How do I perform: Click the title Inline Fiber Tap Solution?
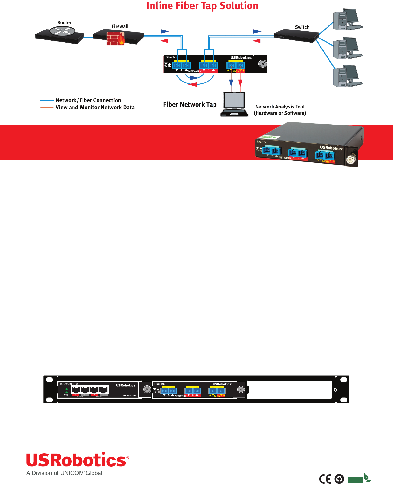202,6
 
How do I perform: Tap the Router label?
64,23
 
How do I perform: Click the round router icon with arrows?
63,31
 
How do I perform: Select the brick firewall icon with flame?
115,39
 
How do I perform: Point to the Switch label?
302,27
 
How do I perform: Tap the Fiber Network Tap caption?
190,105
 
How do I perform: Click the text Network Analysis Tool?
280,107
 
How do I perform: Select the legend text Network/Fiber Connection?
88,100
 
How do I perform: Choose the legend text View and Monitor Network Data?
95,108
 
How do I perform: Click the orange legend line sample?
47,108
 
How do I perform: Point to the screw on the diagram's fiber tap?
263,64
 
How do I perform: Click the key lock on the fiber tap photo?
351,159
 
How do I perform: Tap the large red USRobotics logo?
77,460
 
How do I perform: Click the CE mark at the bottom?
325,479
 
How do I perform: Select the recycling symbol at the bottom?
339,479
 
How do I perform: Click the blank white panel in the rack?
289,390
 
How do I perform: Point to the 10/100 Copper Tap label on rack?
69,384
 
